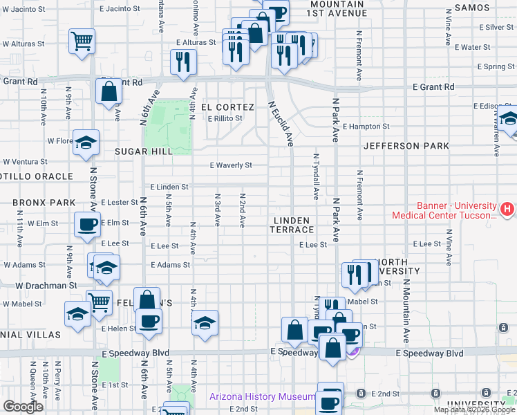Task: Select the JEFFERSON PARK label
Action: click(406, 146)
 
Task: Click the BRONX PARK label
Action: click(44, 203)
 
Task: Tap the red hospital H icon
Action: click(507, 207)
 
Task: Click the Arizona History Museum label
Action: click(263, 397)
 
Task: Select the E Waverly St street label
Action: click(231, 165)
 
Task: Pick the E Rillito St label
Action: click(225, 118)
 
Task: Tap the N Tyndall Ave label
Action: click(316, 176)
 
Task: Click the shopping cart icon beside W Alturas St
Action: click(82, 41)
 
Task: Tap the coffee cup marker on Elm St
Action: click(87, 225)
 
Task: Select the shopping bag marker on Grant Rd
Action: click(110, 91)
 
